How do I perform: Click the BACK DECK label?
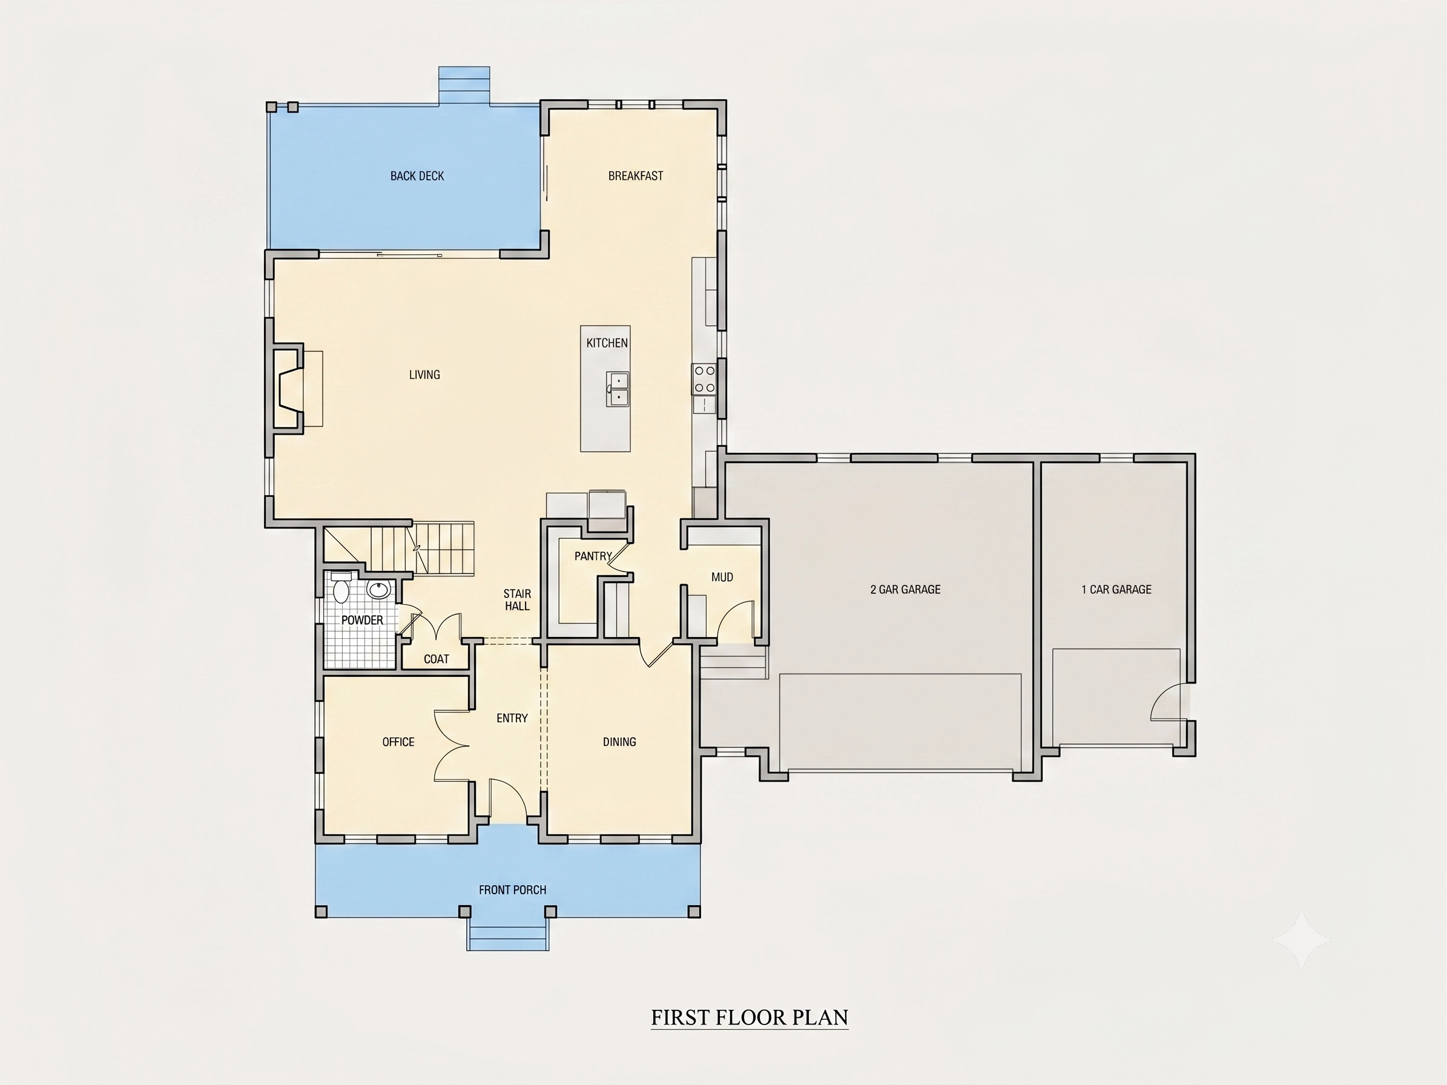pyautogui.click(x=417, y=176)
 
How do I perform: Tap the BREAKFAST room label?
pyautogui.click(x=635, y=176)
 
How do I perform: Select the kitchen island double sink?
pyautogui.click(x=618, y=389)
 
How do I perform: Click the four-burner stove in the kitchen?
pyautogui.click(x=704, y=379)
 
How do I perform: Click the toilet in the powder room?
pyautogui.click(x=341, y=588)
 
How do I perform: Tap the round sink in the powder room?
pyautogui.click(x=378, y=589)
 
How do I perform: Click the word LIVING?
pyautogui.click(x=424, y=375)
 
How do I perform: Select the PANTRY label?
pyautogui.click(x=593, y=556)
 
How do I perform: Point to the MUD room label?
pyautogui.click(x=722, y=577)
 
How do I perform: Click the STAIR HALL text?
pyautogui.click(x=517, y=600)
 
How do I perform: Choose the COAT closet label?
pyautogui.click(x=437, y=659)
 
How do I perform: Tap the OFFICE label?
pyautogui.click(x=398, y=742)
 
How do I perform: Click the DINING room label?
pyautogui.click(x=619, y=742)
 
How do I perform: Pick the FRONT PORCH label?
pyautogui.click(x=512, y=889)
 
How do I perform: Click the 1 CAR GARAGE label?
pyautogui.click(x=1116, y=589)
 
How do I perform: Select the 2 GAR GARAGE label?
pyautogui.click(x=905, y=589)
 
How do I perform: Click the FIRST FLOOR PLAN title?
pyautogui.click(x=750, y=1017)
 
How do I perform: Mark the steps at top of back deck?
pyautogui.click(x=464, y=85)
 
